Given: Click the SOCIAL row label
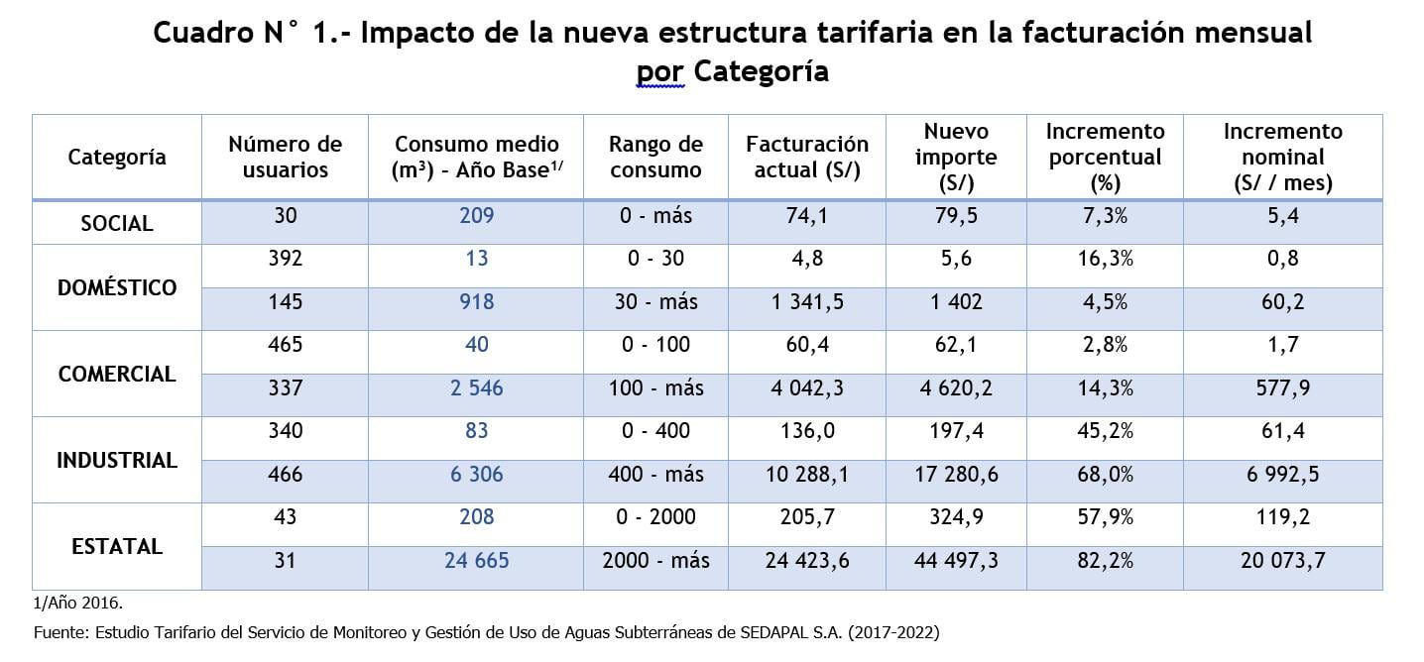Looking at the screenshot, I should [117, 223].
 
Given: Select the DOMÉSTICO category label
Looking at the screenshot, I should [117, 287].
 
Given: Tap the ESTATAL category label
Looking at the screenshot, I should [117, 546].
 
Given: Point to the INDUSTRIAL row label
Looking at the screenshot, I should [117, 460].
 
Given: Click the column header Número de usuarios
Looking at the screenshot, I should [285, 157].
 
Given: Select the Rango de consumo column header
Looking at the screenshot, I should [655, 157].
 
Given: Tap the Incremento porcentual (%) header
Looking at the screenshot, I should [1105, 157].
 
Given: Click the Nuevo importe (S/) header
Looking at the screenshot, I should [955, 157].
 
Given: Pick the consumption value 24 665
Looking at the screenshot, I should [476, 560].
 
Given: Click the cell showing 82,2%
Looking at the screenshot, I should [1105, 560].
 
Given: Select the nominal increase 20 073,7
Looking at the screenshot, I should [1282, 560].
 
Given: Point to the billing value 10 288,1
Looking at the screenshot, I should [806, 475].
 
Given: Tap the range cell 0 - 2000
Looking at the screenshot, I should [655, 516].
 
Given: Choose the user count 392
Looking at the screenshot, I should [285, 259].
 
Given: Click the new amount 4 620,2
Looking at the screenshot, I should [955, 388].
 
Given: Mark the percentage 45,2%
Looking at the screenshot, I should [1105, 430].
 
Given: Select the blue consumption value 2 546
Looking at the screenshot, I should [476, 388].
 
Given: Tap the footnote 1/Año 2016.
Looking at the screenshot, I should [78, 602].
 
